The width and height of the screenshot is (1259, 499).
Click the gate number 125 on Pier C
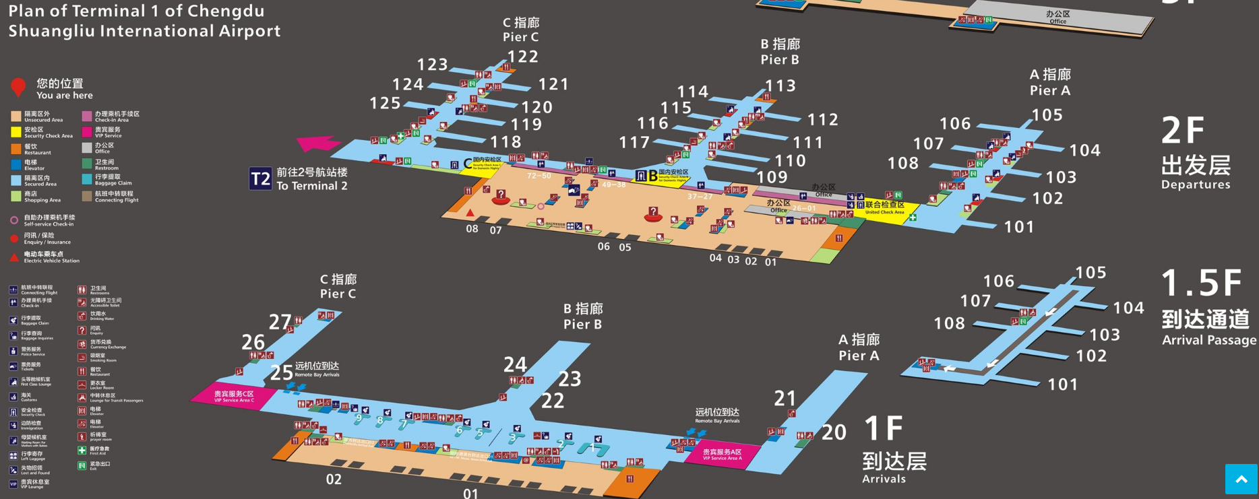[x=385, y=103]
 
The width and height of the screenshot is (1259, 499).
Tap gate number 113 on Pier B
[x=780, y=86]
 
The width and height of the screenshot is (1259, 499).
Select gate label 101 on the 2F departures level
[x=1019, y=227]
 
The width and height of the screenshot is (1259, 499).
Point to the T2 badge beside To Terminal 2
[x=260, y=178]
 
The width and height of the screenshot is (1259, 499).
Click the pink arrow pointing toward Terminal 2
[x=317, y=143]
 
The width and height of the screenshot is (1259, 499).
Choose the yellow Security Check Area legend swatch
[x=16, y=132]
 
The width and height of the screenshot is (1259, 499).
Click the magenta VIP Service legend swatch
[x=87, y=132]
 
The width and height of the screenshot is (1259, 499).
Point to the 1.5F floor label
[x=1201, y=283]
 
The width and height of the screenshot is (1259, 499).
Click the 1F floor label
[x=884, y=428]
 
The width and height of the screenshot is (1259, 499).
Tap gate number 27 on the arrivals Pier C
[x=280, y=322]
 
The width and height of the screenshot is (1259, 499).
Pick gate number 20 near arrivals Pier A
[x=834, y=432]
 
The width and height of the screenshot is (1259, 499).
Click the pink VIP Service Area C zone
[x=234, y=396]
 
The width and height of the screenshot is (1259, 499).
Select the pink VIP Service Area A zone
[x=722, y=455]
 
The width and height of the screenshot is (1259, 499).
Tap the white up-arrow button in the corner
[x=1241, y=479]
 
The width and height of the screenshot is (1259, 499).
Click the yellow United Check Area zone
[x=884, y=207]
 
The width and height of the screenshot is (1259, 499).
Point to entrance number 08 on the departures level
[x=472, y=229]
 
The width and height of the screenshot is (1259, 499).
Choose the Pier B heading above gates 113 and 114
[x=780, y=52]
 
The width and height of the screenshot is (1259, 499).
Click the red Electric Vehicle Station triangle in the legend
[x=14, y=257]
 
